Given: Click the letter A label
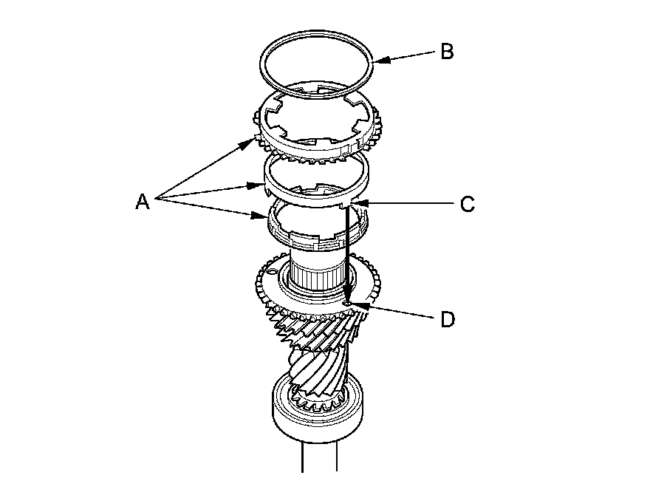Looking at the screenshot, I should point(143,200).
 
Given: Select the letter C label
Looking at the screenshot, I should point(467,204).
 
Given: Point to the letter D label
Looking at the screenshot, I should point(447,320).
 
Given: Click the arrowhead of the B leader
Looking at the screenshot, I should point(377,61).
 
